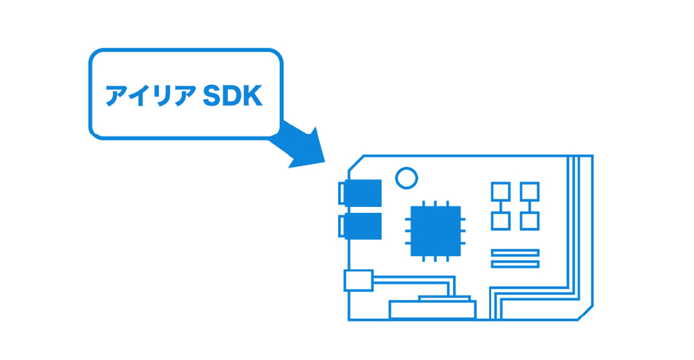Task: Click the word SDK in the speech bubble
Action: (232, 96)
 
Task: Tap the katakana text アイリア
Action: (151, 96)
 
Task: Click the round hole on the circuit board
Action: (406, 177)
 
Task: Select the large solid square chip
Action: (435, 230)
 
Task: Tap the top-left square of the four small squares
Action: (501, 192)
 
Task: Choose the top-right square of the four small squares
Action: (529, 192)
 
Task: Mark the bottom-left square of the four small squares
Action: (501, 221)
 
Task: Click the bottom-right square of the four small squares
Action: (529, 221)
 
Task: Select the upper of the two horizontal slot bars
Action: (515, 253)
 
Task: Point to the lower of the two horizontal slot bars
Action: (515, 264)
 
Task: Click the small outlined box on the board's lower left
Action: (359, 281)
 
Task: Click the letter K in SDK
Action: (253, 96)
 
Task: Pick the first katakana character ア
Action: (116, 96)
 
